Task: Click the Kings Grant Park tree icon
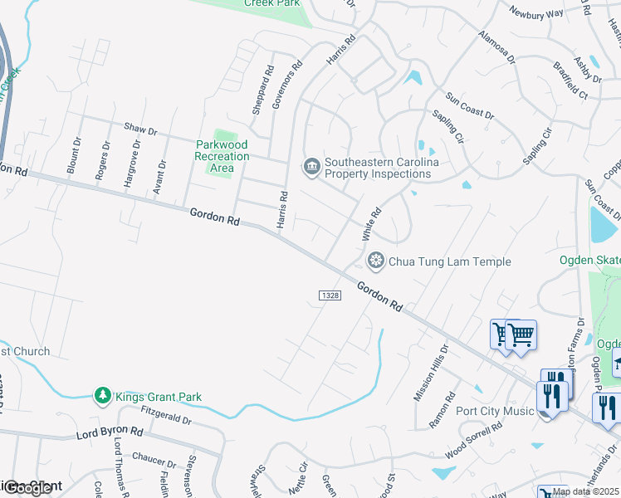pyautogui.click(x=102, y=396)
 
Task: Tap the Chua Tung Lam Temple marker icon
pyautogui.click(x=376, y=261)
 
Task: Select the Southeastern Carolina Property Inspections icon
pyautogui.click(x=311, y=168)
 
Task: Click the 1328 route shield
pyautogui.click(x=330, y=296)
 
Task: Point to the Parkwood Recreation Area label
pyautogui.click(x=222, y=156)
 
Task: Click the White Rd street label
pyautogui.click(x=370, y=225)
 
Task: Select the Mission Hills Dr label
pyautogui.click(x=430, y=373)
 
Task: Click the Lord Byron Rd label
pyautogui.click(x=110, y=433)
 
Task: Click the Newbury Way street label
pyautogui.click(x=536, y=12)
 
